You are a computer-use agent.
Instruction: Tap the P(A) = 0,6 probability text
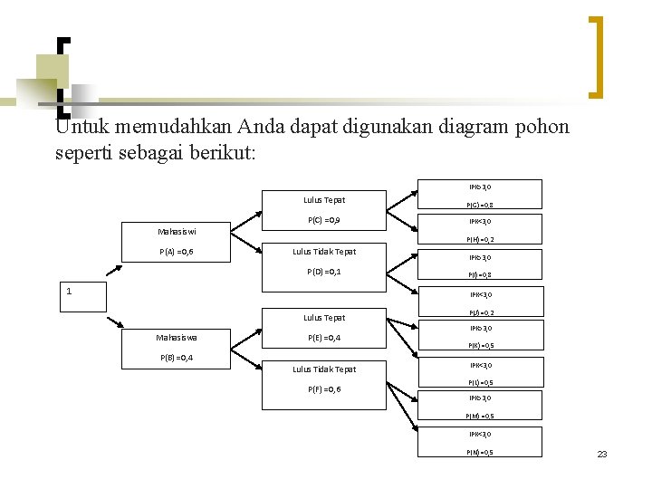(177, 252)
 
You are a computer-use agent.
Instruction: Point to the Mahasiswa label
(177, 338)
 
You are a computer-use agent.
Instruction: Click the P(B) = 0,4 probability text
(177, 358)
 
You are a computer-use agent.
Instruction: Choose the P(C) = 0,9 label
(323, 220)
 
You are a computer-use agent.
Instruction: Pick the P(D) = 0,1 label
(323, 272)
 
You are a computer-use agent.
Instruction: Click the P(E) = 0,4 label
(323, 338)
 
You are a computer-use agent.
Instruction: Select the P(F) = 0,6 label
(323, 389)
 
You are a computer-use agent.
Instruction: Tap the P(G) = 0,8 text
(480, 206)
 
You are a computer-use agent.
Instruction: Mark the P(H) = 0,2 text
(480, 240)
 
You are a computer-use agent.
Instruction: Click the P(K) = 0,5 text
(480, 345)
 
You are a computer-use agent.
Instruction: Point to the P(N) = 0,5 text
(480, 452)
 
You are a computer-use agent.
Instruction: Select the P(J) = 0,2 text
(480, 312)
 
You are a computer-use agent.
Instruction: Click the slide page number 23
(601, 454)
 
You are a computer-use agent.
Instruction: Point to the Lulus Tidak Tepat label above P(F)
(323, 369)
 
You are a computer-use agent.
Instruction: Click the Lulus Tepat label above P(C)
(323, 200)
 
